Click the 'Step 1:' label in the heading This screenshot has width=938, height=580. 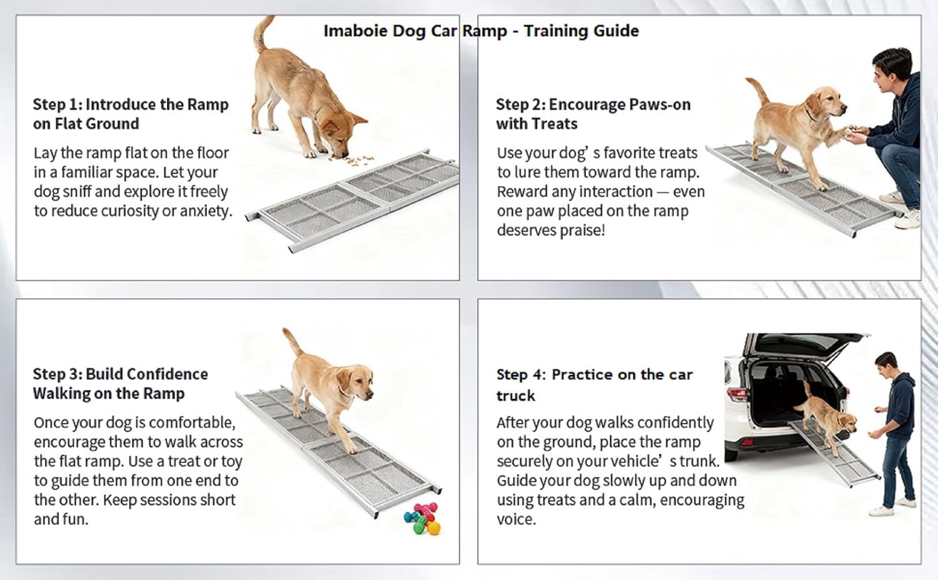tap(58, 104)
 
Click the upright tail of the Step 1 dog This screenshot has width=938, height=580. tap(261, 34)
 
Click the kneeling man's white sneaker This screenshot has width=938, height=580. tap(908, 219)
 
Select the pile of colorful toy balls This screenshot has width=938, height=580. tap(423, 519)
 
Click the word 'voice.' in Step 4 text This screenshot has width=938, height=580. tap(516, 519)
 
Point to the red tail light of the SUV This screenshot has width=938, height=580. tap(737, 393)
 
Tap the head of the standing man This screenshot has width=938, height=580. tap(886, 366)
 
